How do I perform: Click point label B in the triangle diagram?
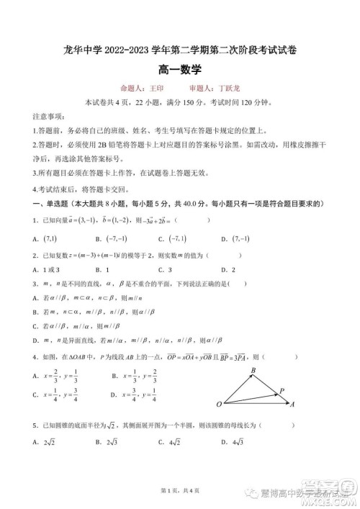[x=253, y=371]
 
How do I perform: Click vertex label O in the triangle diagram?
[x=218, y=405]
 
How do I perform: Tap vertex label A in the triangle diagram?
[x=292, y=405]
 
